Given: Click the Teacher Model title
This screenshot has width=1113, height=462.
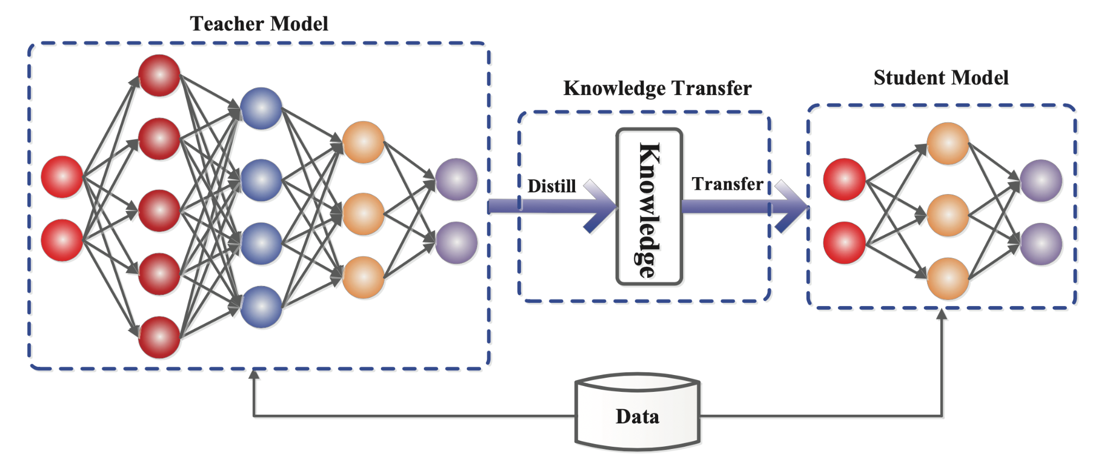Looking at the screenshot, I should [259, 24].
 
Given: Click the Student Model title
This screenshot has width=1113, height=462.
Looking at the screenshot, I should [941, 78].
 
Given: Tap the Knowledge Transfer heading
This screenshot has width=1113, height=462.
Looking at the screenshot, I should [657, 88].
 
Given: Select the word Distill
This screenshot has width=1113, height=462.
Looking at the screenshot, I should [551, 186].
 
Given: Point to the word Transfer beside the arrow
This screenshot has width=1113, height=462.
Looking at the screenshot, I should [727, 184].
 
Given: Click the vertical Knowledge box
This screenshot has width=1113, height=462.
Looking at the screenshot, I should [649, 207].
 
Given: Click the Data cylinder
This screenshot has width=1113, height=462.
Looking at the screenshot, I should [637, 416].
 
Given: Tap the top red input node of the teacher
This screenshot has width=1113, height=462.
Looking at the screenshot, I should [62, 177].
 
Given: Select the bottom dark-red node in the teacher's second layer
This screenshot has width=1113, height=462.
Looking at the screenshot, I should [159, 337].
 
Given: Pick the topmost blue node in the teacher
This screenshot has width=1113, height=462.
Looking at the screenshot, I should [261, 109].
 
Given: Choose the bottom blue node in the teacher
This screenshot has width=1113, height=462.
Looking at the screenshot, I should [261, 307].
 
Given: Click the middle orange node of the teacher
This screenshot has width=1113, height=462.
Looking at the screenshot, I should [363, 214].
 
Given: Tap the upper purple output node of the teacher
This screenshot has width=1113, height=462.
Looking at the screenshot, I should [456, 179].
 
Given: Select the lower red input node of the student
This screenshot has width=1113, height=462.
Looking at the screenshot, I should [844, 243].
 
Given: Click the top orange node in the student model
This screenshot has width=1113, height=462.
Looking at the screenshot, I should [947, 143].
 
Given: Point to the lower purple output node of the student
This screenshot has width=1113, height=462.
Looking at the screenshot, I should [1041, 244].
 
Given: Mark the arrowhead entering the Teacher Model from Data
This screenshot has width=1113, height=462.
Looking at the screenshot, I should [254, 374].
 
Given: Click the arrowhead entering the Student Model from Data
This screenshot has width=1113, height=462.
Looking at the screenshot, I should [942, 314].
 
